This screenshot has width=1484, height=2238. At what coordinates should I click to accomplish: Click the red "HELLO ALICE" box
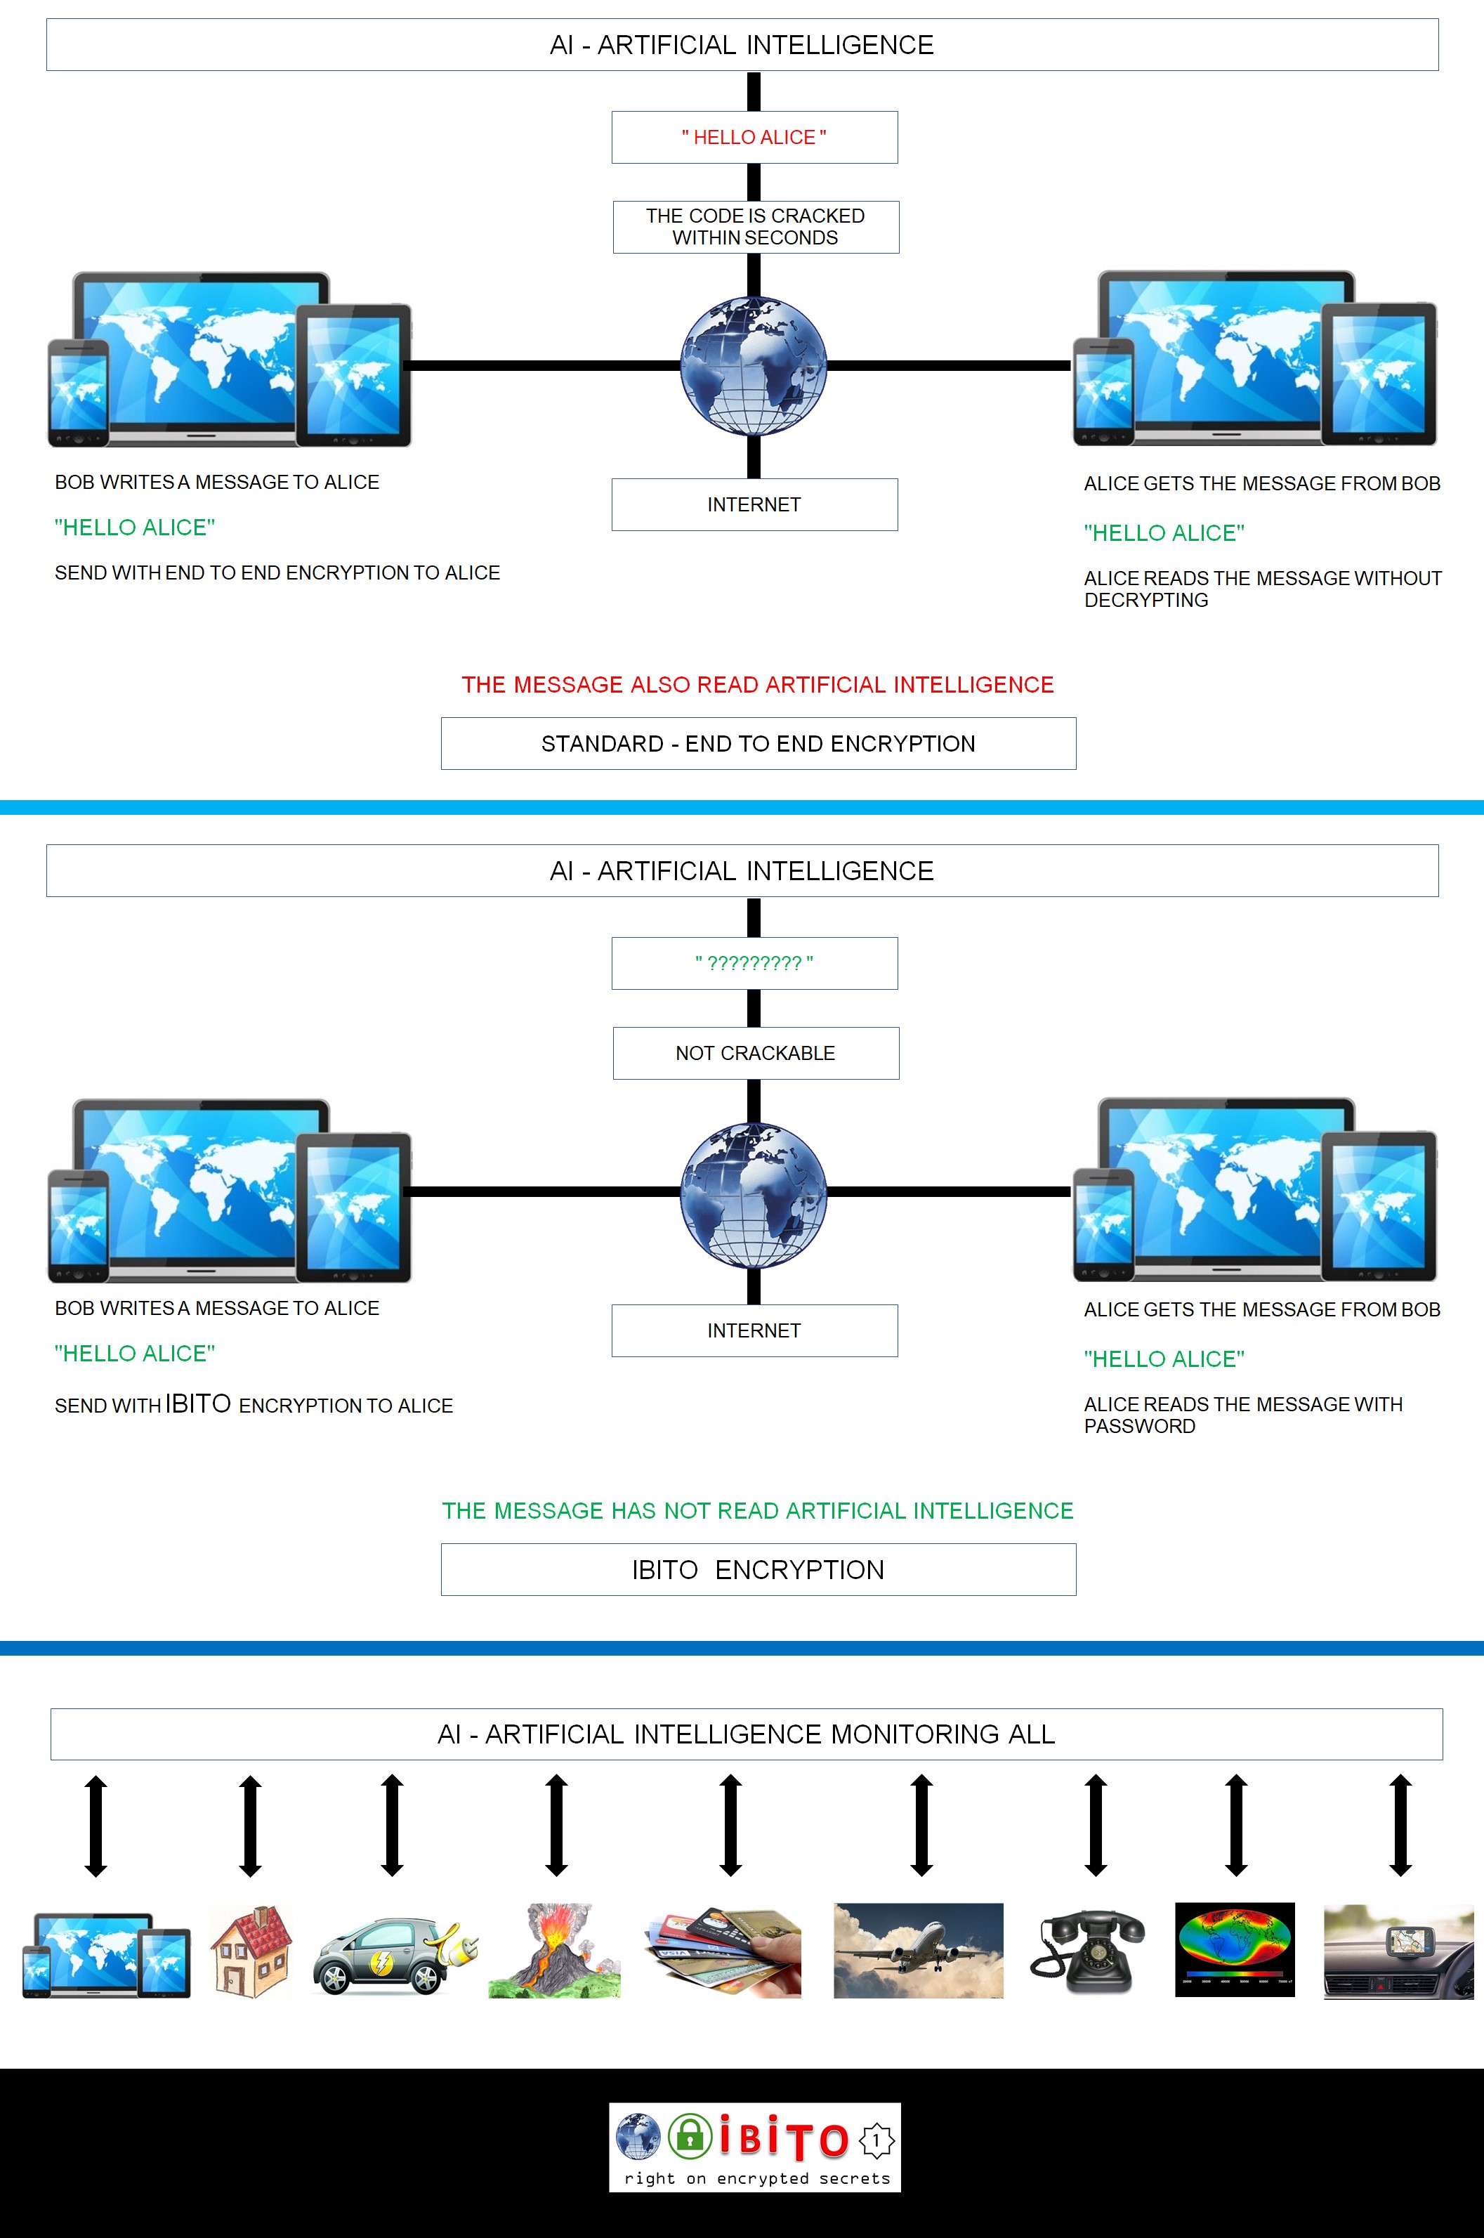click(754, 137)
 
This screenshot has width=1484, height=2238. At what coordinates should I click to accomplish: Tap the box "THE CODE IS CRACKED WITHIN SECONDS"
click(755, 227)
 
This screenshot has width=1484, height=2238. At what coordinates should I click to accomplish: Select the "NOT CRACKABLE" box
click(755, 1053)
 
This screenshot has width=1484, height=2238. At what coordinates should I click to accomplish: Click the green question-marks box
click(754, 963)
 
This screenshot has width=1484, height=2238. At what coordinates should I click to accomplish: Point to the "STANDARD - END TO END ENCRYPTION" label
click(758, 743)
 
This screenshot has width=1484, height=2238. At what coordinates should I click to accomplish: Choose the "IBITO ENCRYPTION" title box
click(758, 1570)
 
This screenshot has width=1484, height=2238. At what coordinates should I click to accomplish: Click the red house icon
click(251, 1950)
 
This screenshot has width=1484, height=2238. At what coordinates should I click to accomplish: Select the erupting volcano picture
click(555, 1950)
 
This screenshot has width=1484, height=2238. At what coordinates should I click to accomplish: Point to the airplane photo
click(918, 1950)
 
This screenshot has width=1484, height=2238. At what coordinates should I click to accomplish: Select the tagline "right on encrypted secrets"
click(757, 2178)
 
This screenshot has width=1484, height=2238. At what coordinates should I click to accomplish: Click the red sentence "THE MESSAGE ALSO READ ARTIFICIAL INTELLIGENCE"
click(757, 684)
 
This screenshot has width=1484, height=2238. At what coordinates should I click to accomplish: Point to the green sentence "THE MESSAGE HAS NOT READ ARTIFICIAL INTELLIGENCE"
click(757, 1510)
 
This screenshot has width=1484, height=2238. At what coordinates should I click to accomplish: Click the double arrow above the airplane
click(921, 1825)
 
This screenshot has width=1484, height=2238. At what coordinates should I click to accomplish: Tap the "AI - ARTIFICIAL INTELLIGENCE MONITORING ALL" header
click(746, 1734)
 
